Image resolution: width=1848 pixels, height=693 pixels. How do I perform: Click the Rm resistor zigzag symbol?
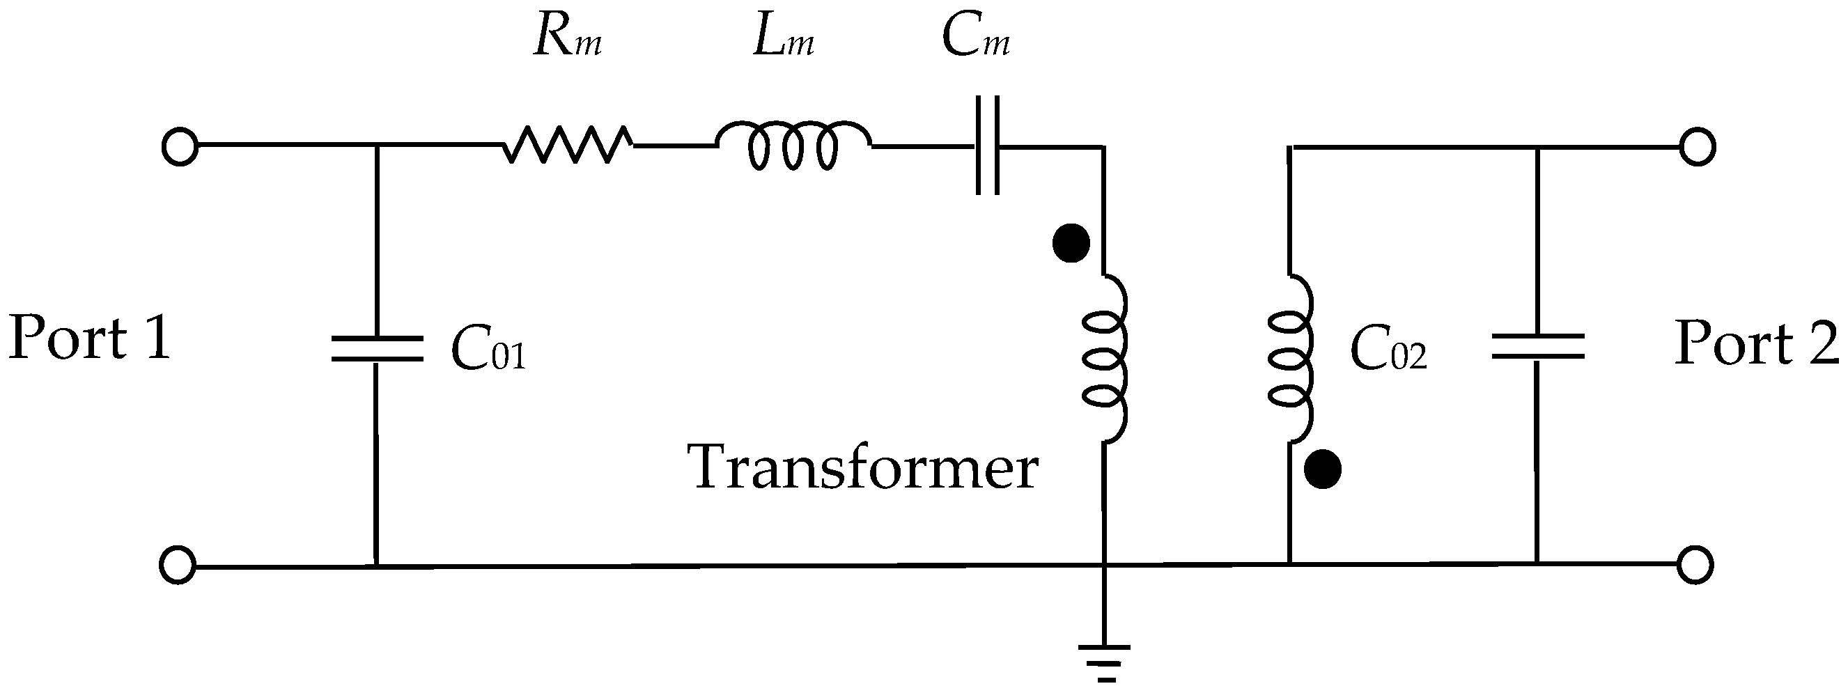click(568, 145)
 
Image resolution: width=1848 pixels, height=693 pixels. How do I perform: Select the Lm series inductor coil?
click(793, 146)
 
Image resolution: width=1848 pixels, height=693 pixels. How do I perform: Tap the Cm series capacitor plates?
click(988, 146)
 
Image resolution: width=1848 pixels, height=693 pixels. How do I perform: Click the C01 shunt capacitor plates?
click(377, 348)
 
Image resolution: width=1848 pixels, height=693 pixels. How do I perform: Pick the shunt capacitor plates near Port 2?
click(1537, 347)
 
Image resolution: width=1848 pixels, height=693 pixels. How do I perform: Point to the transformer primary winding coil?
click(1105, 359)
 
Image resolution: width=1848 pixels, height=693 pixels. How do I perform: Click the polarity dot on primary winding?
click(1071, 244)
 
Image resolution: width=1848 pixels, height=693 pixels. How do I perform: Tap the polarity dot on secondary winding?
click(1322, 471)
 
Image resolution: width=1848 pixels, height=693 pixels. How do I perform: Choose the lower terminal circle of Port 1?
click(177, 566)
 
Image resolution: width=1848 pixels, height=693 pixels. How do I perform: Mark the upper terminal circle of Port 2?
click(1698, 146)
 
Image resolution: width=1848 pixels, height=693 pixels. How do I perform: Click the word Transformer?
click(864, 468)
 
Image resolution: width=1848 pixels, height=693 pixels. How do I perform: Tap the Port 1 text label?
click(90, 337)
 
